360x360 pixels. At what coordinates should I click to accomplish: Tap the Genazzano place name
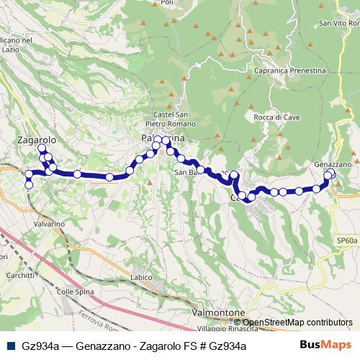coord(333,164)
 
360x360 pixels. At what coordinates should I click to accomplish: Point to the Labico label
coord(143,277)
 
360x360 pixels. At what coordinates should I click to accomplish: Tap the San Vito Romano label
coord(336,24)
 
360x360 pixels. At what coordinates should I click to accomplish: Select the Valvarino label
coord(50,225)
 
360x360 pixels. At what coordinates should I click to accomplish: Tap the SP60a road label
coord(346,240)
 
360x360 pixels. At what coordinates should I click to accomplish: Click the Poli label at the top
coord(168,3)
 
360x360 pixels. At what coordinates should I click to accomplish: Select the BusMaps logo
coord(325,346)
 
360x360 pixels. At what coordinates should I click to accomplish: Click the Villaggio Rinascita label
coord(226,329)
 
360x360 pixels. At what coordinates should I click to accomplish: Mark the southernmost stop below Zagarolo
coord(29,185)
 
